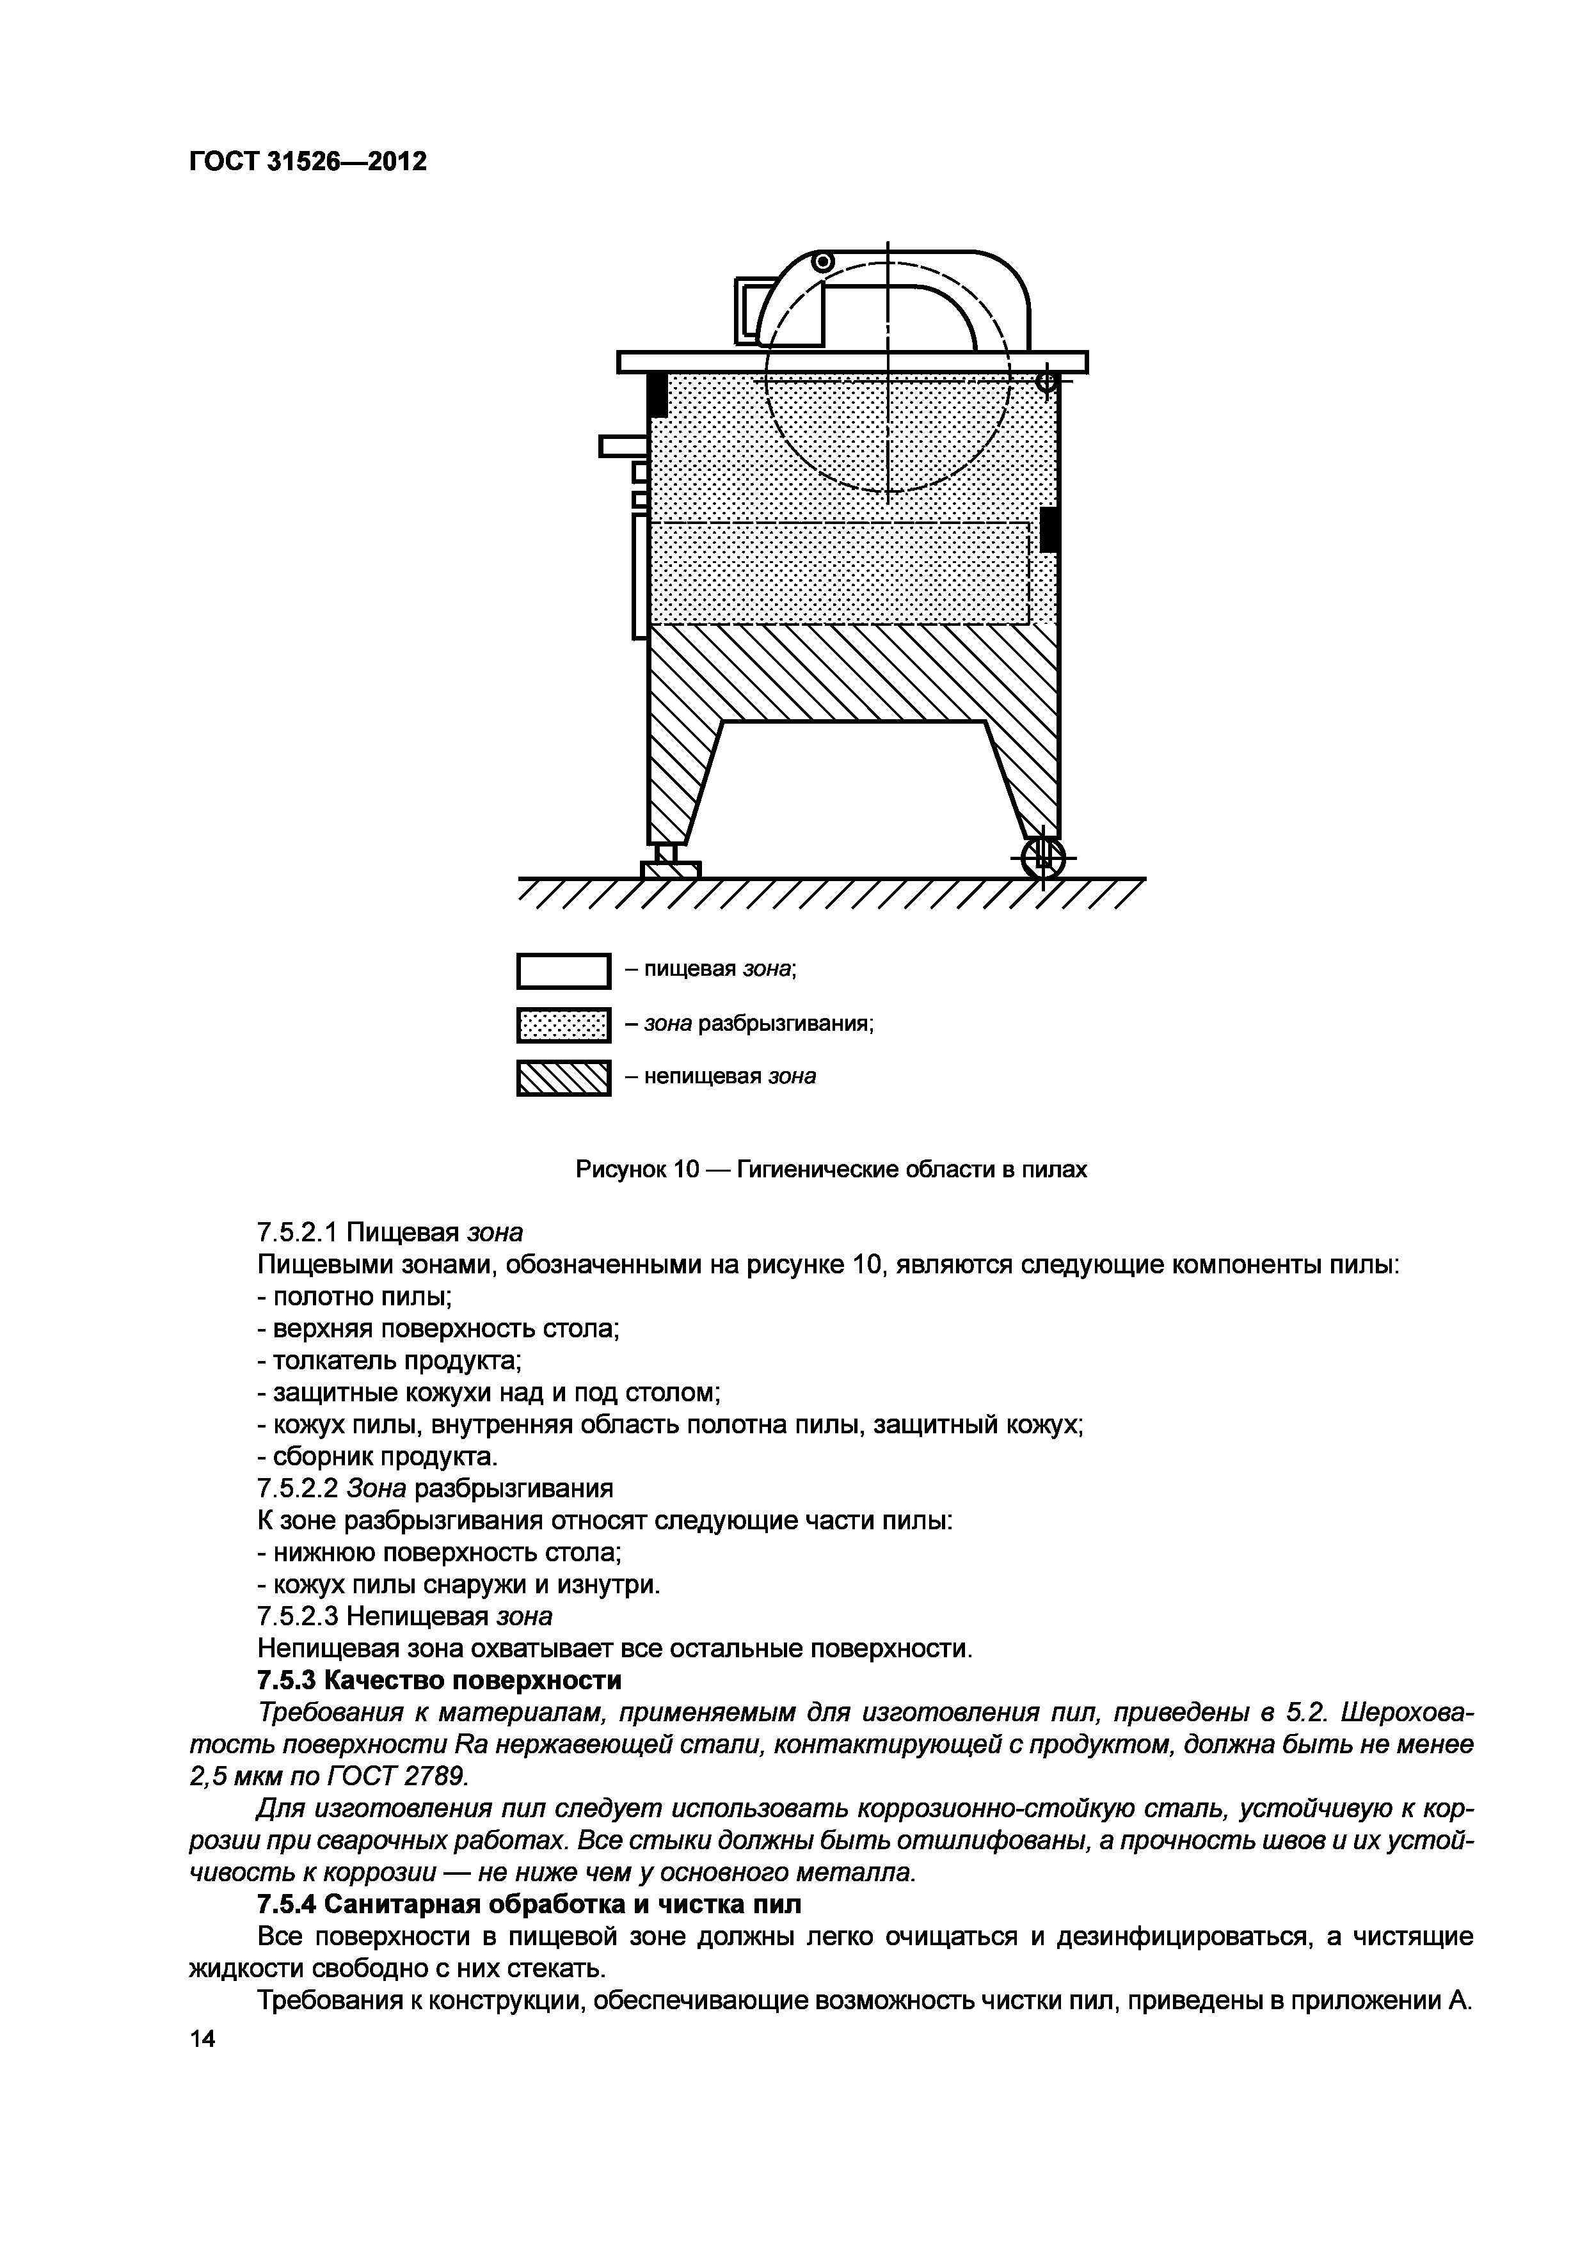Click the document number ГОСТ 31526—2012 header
pos(307,161)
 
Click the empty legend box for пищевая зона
pos(563,971)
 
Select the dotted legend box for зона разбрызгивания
pos(563,1024)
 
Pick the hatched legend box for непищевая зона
pos(563,1078)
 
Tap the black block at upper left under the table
pos(658,394)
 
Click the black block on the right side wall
pos(1049,529)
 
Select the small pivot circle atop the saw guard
pos(823,261)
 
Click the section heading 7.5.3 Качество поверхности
pos(439,1680)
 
